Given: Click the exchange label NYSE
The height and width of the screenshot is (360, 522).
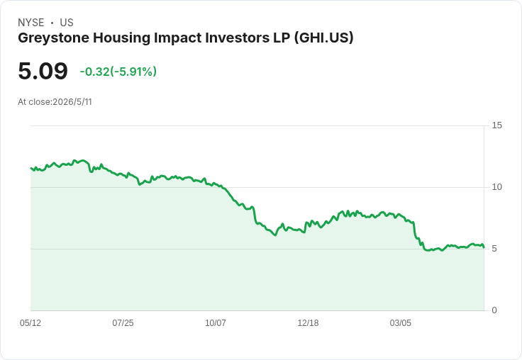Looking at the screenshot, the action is tap(31, 23).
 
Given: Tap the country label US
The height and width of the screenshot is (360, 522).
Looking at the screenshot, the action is tap(67, 23).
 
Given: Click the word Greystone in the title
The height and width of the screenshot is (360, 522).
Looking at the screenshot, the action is tap(54, 38).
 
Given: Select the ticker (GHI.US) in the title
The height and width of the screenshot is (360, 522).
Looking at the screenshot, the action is tap(323, 38).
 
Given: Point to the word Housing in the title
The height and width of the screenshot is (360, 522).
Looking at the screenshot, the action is tap(121, 38).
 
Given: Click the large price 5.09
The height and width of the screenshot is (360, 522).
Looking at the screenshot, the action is tap(43, 71).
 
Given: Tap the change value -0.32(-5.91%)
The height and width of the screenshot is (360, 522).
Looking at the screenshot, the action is tap(118, 72).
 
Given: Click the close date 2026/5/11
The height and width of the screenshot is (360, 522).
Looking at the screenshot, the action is tap(72, 102).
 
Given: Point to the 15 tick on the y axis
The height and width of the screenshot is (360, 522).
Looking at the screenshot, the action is tap(496, 125).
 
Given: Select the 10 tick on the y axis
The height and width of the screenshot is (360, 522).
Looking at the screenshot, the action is tap(496, 187).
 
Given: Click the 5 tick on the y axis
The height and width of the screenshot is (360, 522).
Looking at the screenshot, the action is tap(494, 249).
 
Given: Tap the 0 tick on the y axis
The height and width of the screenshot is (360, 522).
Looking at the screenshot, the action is tap(494, 310).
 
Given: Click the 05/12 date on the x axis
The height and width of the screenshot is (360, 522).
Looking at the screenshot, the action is tap(30, 323).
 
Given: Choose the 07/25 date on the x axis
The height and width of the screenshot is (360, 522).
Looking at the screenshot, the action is tap(123, 323).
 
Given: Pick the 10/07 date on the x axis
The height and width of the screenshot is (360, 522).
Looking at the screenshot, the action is tap(216, 323).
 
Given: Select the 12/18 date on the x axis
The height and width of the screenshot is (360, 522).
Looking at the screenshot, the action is tap(308, 323).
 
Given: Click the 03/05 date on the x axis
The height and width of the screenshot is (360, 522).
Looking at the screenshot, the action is tap(401, 323).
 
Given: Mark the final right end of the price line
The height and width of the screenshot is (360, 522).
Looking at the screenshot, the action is tap(484, 247).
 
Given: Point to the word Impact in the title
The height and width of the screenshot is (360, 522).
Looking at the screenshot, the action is tap(178, 38).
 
